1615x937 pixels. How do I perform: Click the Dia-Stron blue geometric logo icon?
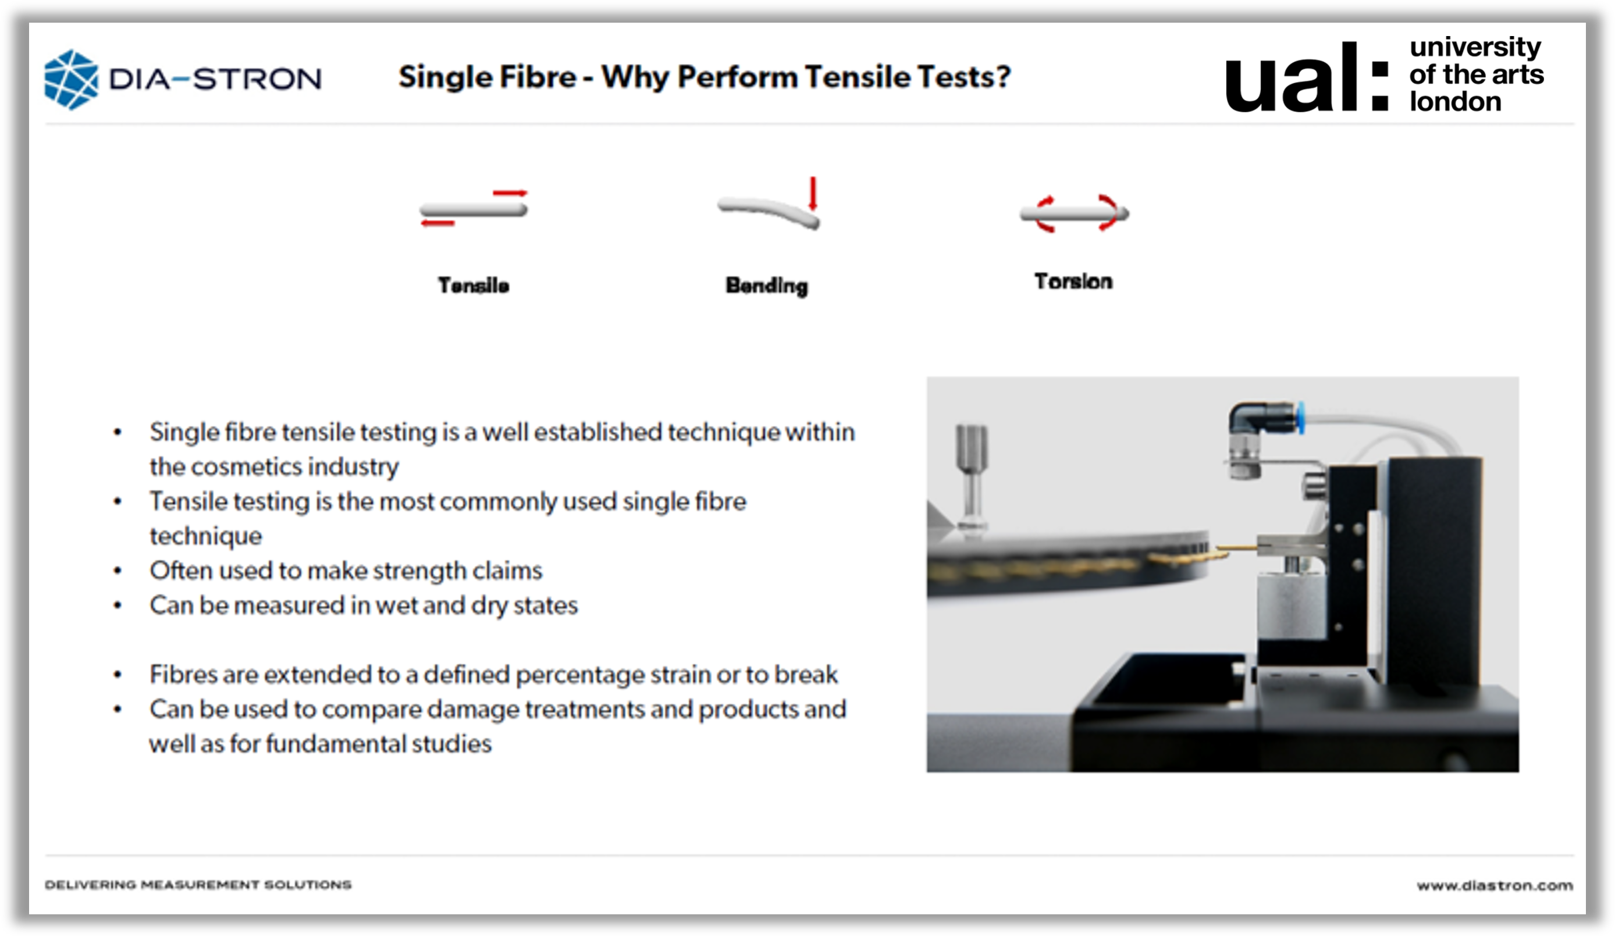[71, 80]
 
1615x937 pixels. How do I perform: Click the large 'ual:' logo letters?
[1307, 77]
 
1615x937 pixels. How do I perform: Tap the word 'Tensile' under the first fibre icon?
[474, 285]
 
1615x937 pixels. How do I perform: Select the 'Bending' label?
[766, 286]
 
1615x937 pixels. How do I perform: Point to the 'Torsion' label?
[1073, 282]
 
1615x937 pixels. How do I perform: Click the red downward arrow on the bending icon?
[813, 193]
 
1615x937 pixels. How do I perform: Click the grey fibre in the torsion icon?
[1075, 214]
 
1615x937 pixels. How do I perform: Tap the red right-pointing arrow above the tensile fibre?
[510, 193]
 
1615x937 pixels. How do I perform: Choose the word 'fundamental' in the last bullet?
[335, 743]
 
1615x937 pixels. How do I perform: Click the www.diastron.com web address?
[1495, 885]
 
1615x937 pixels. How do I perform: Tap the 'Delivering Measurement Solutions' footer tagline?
[198, 885]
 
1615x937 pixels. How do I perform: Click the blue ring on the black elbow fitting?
[1300, 417]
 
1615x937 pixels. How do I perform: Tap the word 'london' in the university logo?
[1455, 101]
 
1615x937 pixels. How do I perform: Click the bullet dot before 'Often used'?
[118, 570]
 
